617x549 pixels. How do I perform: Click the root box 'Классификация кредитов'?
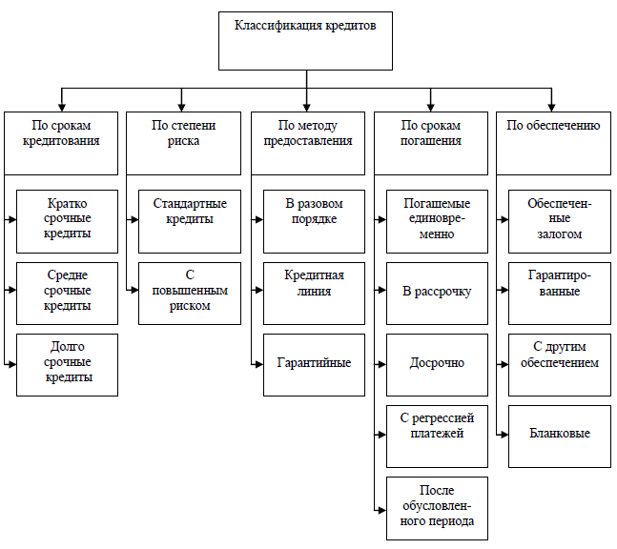306,41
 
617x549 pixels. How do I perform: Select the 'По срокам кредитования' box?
62,143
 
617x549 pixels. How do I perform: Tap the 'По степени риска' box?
184,143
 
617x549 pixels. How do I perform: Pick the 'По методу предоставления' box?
307,143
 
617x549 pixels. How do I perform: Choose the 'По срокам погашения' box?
431,143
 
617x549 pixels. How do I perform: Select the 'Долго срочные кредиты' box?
68,364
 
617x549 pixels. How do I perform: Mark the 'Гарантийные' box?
314,364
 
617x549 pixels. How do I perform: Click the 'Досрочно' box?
437,364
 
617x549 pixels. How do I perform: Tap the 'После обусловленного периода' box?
437,507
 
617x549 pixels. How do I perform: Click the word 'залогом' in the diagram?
559,234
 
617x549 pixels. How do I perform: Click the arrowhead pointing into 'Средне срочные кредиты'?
12,292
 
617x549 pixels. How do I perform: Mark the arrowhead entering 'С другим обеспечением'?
504,363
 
